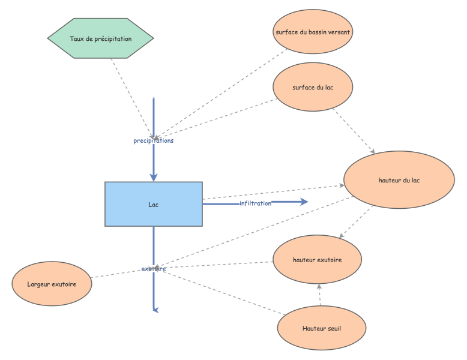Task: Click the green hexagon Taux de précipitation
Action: click(x=101, y=38)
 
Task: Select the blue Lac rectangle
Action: click(x=154, y=204)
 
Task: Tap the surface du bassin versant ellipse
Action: click(x=313, y=32)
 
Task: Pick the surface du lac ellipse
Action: click(x=313, y=88)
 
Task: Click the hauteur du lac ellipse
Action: click(x=399, y=181)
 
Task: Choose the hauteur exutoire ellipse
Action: click(x=317, y=260)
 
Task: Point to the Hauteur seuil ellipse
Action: click(x=322, y=328)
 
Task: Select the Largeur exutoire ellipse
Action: click(x=52, y=283)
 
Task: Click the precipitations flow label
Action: click(x=154, y=140)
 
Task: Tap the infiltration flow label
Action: click(x=256, y=203)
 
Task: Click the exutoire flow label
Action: click(x=154, y=269)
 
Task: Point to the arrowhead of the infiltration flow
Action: click(x=304, y=203)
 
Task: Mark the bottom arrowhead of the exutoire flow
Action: click(x=155, y=309)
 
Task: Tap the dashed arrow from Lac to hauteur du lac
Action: click(x=270, y=193)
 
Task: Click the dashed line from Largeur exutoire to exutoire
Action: click(x=120, y=274)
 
